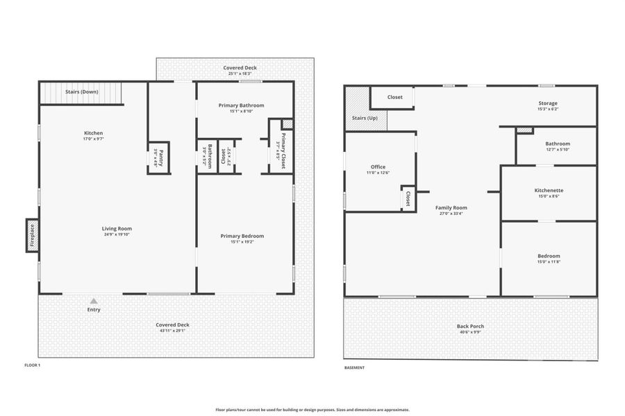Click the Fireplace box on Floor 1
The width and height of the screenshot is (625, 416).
(x=32, y=236)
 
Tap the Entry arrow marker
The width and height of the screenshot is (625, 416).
(x=94, y=301)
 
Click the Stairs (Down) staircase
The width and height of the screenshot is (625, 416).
(x=81, y=92)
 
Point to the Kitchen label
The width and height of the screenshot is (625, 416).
(x=94, y=133)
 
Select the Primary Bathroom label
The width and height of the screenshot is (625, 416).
(x=242, y=105)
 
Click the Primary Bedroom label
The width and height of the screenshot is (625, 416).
(x=242, y=236)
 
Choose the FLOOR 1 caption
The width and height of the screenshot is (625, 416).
(x=33, y=365)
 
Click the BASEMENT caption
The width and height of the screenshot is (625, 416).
(x=354, y=367)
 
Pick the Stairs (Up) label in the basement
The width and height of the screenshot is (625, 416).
(x=365, y=119)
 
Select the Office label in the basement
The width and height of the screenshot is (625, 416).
(x=378, y=166)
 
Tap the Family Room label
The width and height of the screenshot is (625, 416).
(x=451, y=207)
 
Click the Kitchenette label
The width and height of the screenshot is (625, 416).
(x=549, y=190)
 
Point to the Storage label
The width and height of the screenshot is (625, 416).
(x=548, y=103)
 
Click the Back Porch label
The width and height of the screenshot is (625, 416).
(x=471, y=326)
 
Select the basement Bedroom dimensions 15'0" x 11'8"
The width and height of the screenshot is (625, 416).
(x=549, y=261)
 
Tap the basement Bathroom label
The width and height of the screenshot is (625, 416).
(x=557, y=144)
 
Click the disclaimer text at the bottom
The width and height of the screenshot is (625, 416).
(x=312, y=410)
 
